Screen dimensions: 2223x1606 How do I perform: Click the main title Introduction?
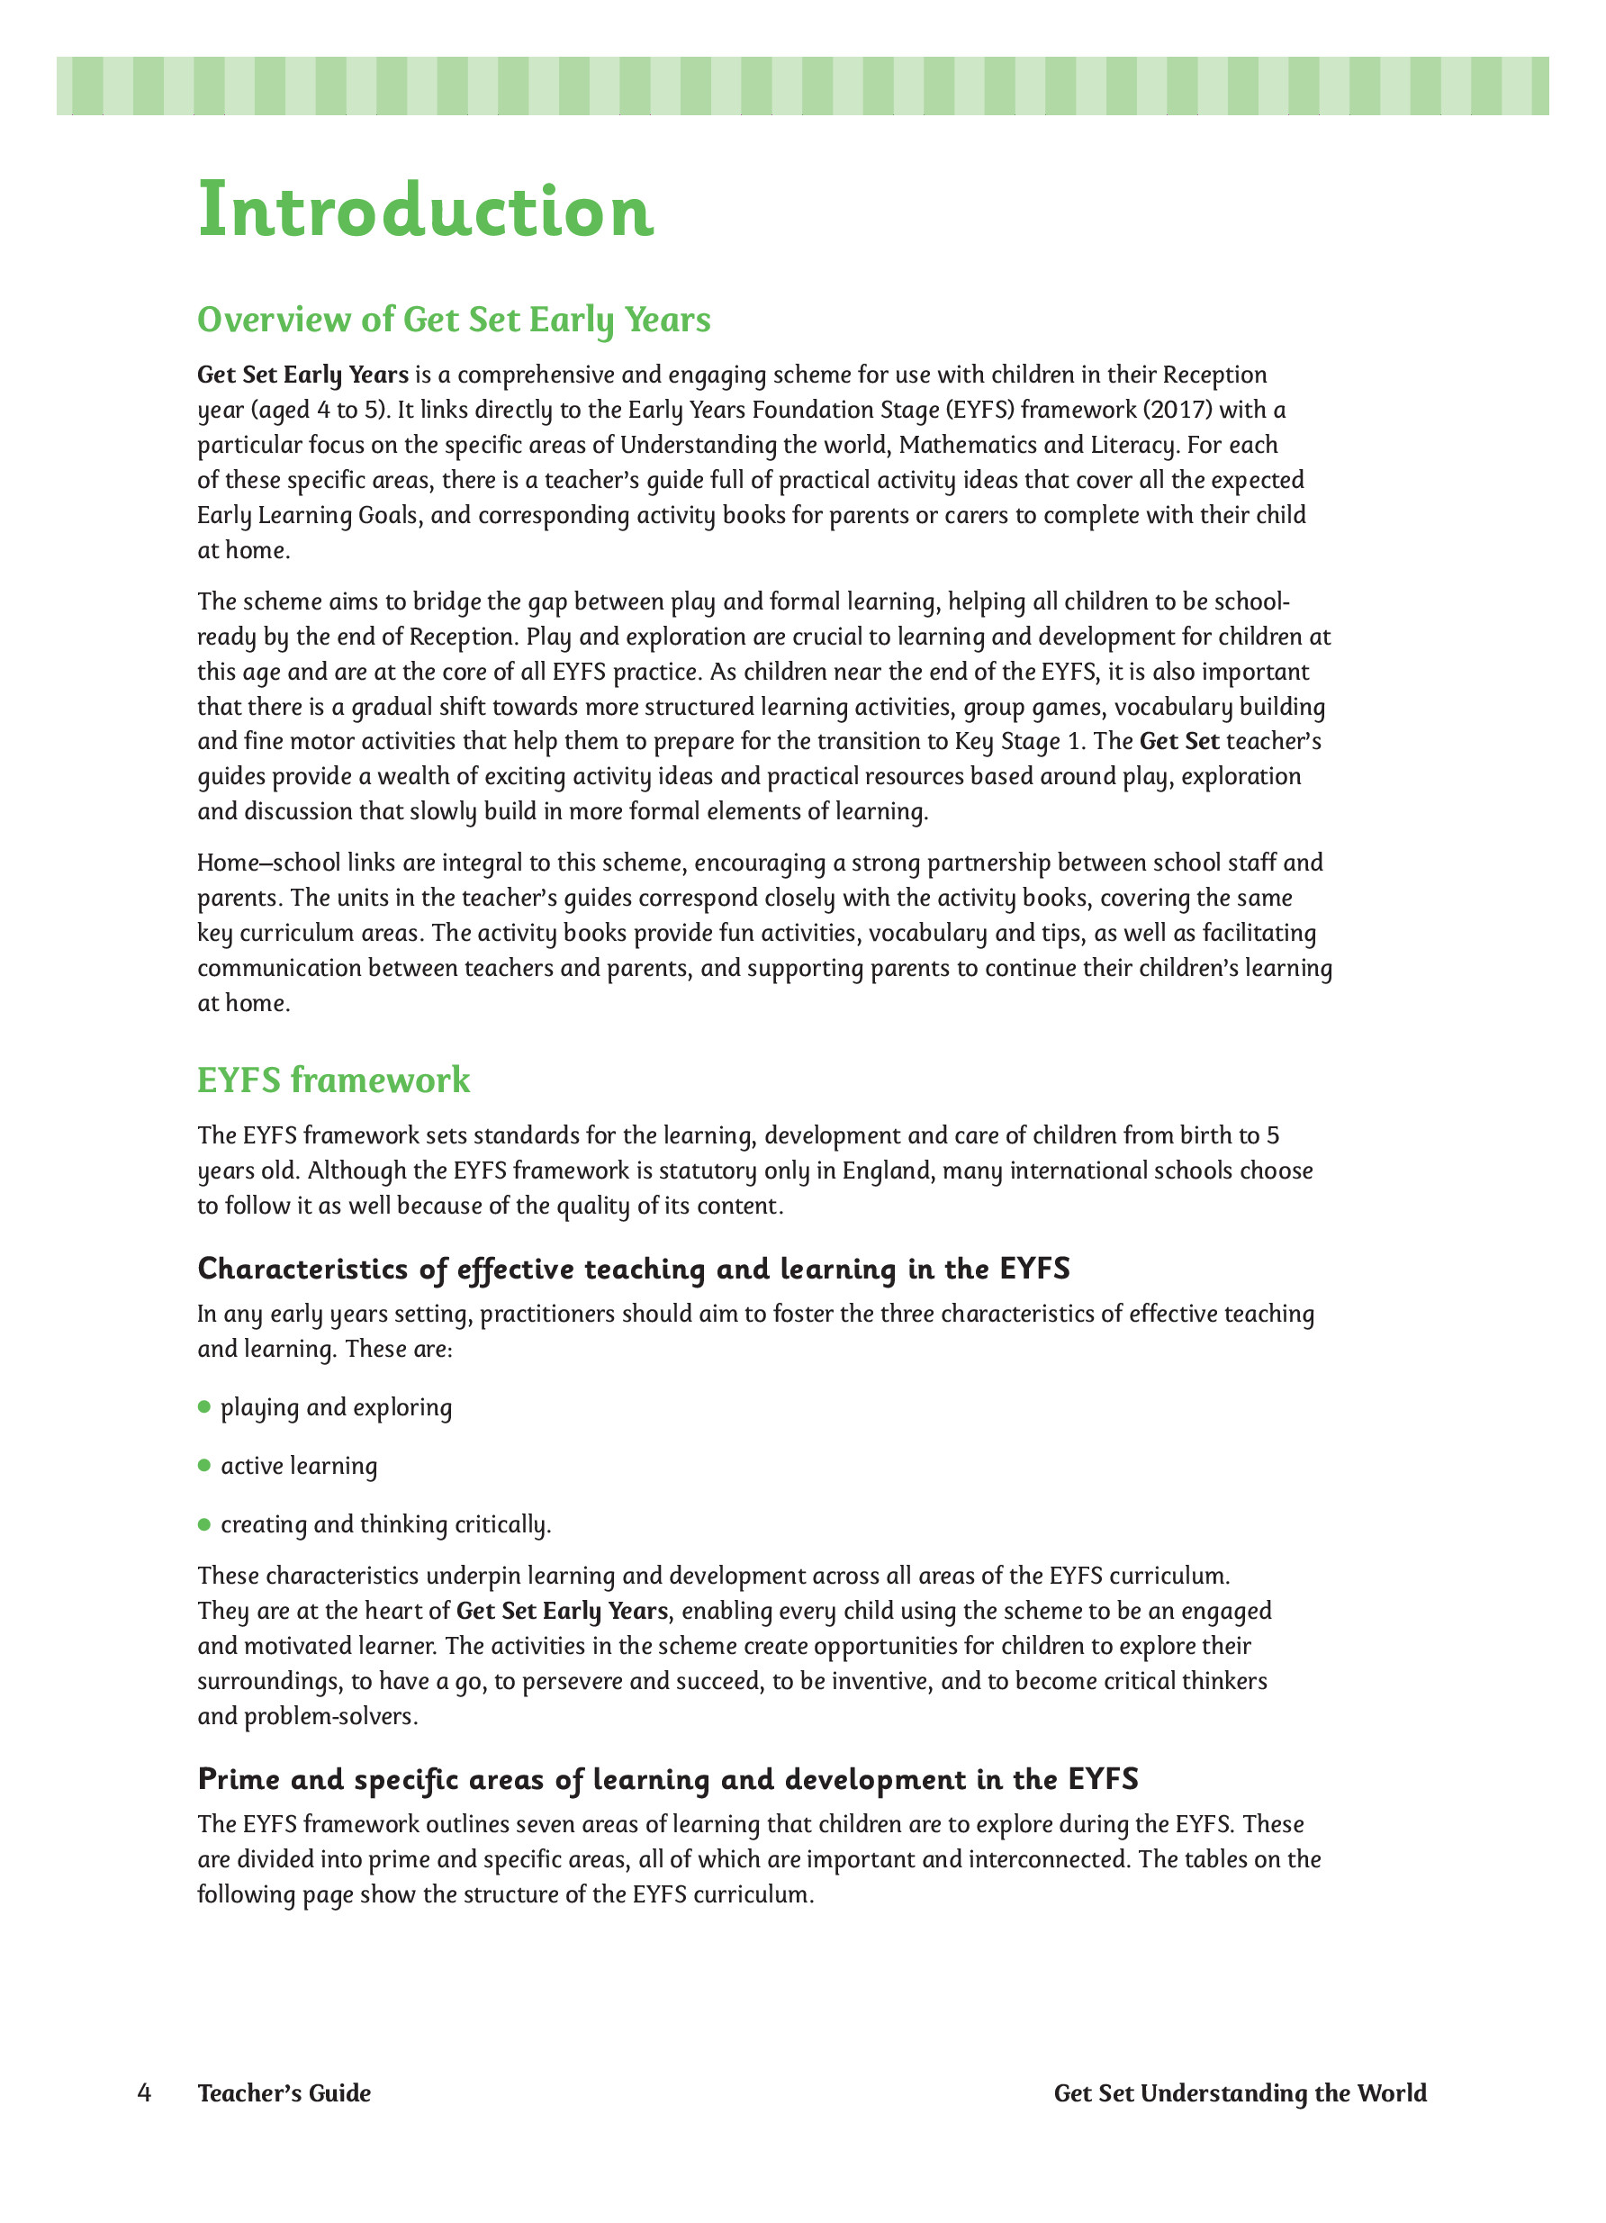click(x=425, y=211)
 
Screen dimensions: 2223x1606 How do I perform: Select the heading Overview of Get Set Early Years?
click(x=454, y=320)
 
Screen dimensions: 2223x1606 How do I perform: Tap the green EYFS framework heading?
click(x=333, y=1080)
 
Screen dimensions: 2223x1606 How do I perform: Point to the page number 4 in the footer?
click(x=145, y=2092)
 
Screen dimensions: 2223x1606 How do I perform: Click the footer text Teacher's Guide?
click(x=284, y=2092)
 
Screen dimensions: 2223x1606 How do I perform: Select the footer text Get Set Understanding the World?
click(x=1240, y=2092)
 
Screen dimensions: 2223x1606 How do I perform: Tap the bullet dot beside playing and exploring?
click(x=204, y=1406)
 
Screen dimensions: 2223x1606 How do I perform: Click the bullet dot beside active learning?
click(x=204, y=1464)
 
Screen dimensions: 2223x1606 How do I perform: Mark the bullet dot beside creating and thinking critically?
click(x=204, y=1523)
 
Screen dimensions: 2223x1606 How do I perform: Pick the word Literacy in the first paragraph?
click(x=1132, y=445)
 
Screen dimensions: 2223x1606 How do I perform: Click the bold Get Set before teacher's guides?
click(x=1178, y=741)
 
